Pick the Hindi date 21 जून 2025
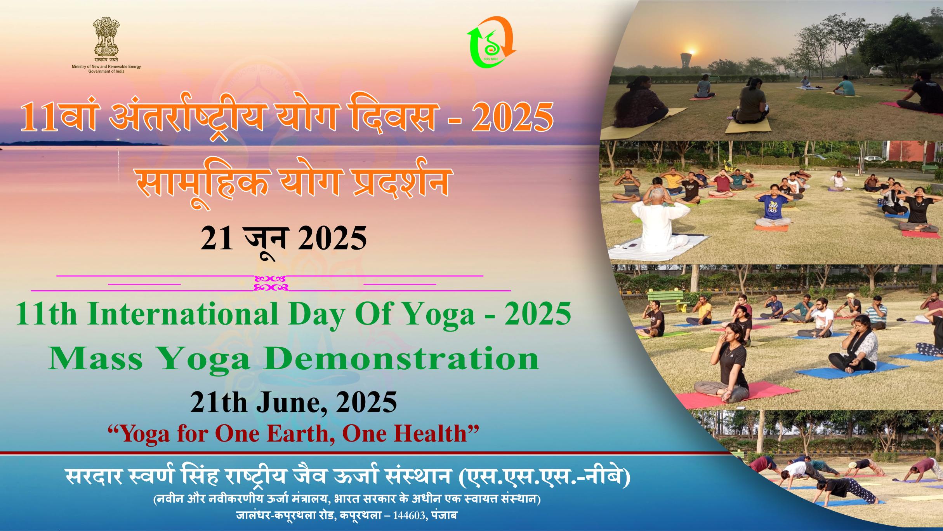click(x=283, y=239)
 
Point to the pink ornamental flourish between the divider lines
click(x=271, y=283)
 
